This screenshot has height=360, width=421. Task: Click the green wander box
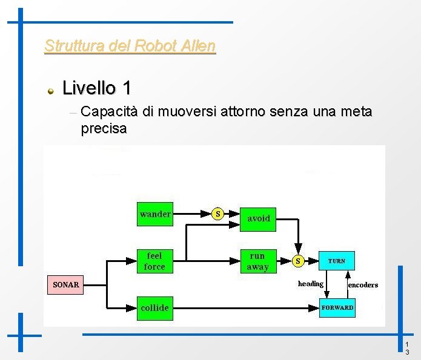(155, 214)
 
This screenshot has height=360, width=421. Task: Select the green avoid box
(258, 218)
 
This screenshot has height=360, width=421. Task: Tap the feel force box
(155, 261)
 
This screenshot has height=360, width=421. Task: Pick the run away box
(257, 261)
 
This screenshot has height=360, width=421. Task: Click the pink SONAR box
(65, 284)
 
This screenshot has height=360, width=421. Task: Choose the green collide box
(155, 307)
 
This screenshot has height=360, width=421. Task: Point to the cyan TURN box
(337, 261)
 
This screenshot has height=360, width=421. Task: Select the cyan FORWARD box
(337, 307)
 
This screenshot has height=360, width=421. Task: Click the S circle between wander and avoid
(218, 214)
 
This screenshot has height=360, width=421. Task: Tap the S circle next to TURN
(297, 261)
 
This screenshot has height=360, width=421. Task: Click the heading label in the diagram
(311, 284)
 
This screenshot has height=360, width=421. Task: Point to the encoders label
(363, 285)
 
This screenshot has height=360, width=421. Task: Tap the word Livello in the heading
(89, 88)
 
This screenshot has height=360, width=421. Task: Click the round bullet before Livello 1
(52, 90)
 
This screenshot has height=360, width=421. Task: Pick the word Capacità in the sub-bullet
(109, 112)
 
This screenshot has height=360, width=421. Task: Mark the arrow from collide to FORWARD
(242, 307)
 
